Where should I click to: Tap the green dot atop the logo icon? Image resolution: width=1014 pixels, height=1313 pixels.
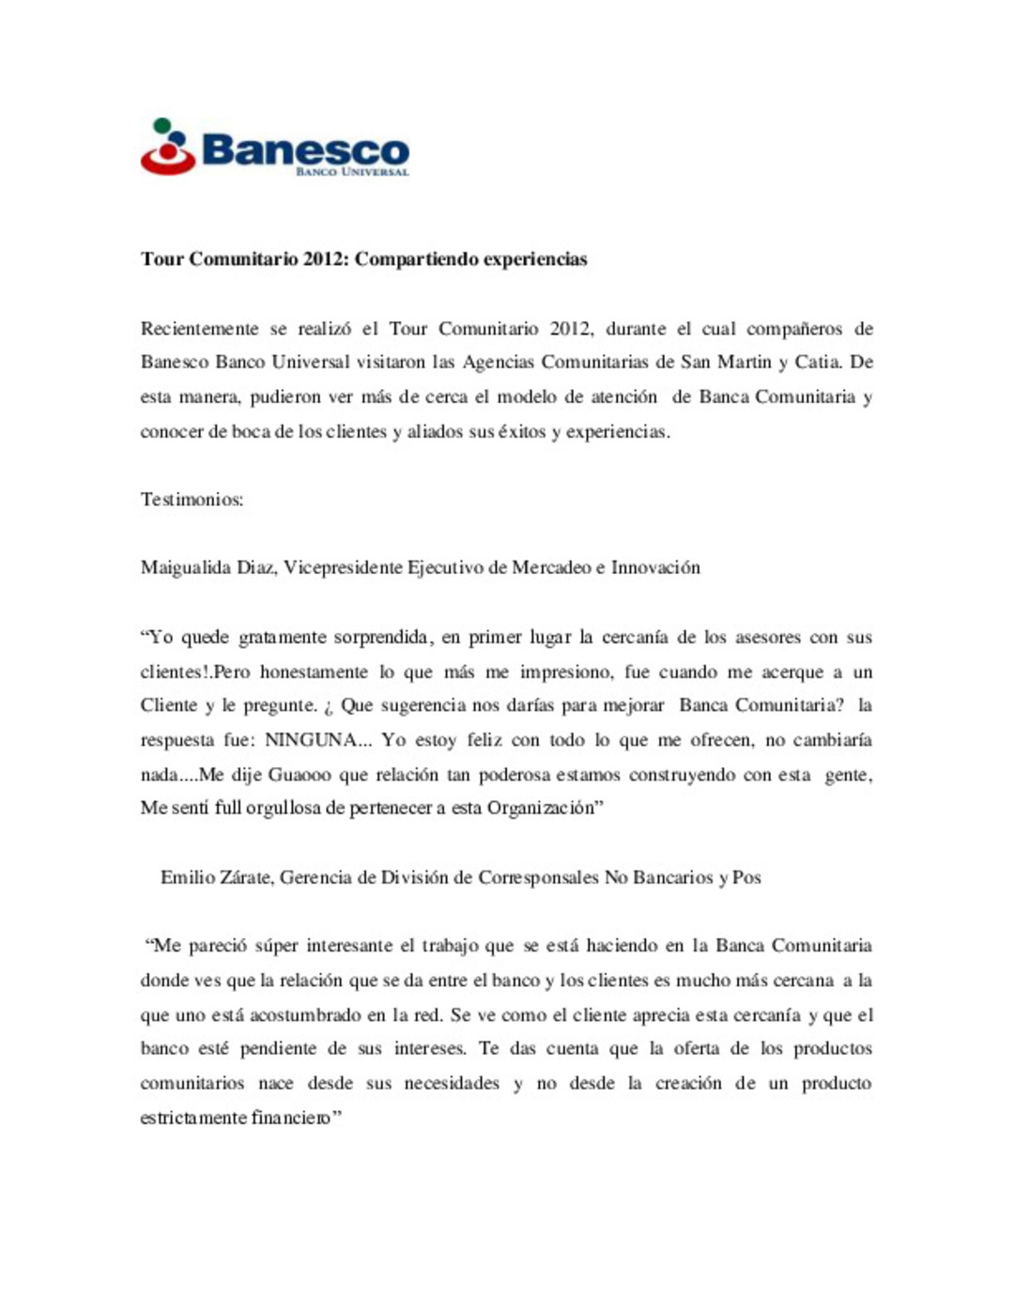[162, 125]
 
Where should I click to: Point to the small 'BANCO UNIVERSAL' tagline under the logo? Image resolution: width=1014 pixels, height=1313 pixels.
[352, 173]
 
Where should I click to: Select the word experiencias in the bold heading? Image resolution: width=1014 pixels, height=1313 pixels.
[531, 259]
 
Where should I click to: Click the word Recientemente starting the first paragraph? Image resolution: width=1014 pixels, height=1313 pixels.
[199, 329]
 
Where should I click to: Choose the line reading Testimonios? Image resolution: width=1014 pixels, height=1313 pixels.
[192, 500]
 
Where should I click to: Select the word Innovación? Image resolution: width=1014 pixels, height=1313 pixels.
[655, 567]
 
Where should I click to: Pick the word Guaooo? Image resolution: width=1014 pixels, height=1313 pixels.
[299, 775]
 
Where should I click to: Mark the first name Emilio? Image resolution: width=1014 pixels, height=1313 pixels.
[188, 877]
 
